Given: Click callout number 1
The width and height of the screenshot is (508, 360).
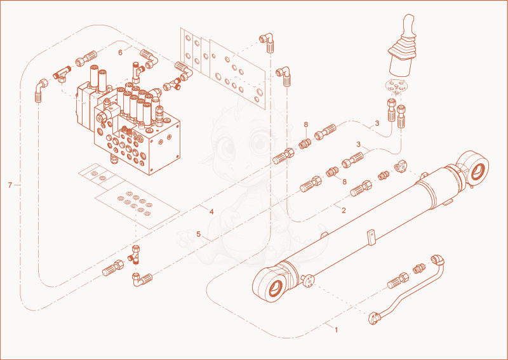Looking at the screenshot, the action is [337, 330].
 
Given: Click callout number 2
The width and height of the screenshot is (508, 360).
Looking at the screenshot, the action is [344, 210].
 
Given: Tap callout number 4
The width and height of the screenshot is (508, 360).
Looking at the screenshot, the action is [211, 212].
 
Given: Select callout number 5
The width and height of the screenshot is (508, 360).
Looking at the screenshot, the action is [199, 234].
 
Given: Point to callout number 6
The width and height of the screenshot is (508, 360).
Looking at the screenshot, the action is [120, 52].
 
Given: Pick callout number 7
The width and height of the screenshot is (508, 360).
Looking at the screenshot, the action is [10, 185].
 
